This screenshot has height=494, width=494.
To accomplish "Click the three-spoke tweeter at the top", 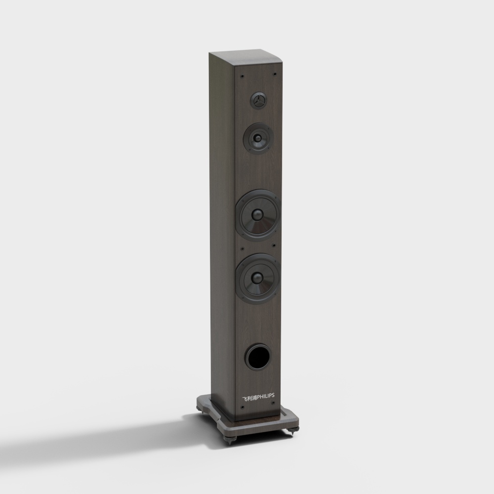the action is [258, 101].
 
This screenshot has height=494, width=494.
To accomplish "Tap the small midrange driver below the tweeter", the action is [258, 138].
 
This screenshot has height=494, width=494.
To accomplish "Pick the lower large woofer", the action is [258, 279].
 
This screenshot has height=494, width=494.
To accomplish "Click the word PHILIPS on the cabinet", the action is [266, 396].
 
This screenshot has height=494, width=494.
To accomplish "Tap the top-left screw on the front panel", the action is [242, 76].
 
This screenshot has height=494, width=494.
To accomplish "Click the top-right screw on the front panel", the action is [275, 74].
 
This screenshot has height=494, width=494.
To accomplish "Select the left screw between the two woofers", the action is [242, 249].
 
